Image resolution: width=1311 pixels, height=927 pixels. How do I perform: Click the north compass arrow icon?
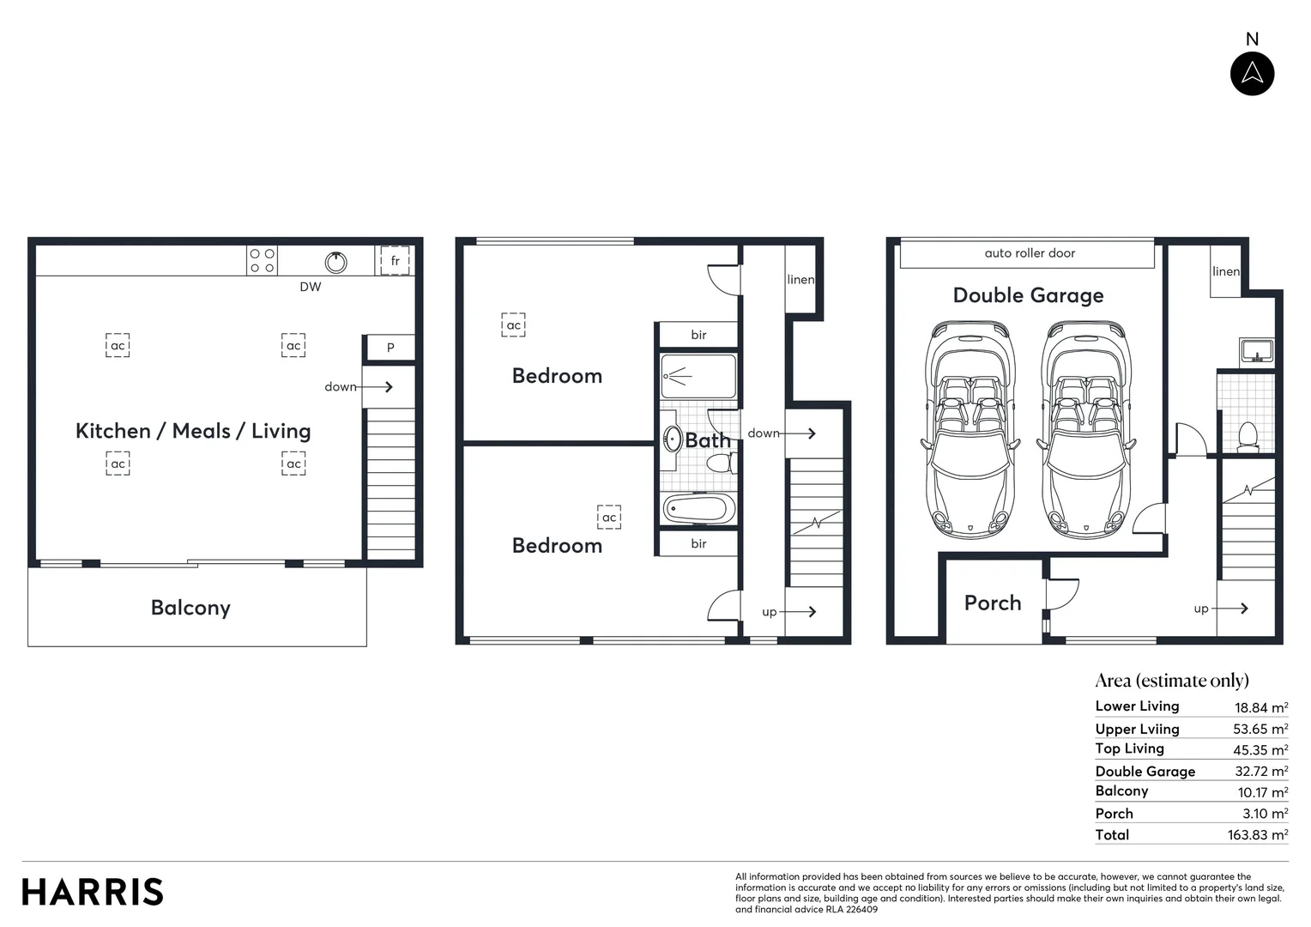(1252, 73)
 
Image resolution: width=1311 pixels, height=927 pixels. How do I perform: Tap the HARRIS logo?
(93, 892)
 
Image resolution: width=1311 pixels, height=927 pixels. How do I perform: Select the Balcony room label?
(190, 608)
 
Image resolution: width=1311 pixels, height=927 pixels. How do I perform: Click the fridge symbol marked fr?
(395, 260)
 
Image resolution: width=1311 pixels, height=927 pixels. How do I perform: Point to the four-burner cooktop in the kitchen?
(263, 261)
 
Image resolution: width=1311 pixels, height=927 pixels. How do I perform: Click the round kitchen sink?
(336, 263)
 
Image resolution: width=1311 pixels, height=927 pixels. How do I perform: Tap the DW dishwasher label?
(311, 287)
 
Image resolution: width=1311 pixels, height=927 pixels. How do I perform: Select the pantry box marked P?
(390, 348)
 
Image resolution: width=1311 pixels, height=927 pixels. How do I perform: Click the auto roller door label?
(1029, 253)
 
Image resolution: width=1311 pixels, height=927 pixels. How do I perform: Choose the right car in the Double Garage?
(1086, 429)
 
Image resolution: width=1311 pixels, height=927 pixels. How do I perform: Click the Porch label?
(993, 603)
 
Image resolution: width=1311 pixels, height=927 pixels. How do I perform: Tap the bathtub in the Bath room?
(699, 509)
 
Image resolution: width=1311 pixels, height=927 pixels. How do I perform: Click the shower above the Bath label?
(698, 376)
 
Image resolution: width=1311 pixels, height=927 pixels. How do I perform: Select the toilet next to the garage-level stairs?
(1248, 435)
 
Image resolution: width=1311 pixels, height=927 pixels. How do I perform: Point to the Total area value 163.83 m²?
(1257, 835)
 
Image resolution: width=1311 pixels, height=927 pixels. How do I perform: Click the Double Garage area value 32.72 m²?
(1260, 772)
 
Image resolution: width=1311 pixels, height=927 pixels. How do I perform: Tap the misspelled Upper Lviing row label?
(1137, 729)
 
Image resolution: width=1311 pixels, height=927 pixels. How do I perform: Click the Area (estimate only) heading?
(1172, 681)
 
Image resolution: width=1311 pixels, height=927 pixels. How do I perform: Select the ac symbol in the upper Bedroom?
(513, 325)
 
